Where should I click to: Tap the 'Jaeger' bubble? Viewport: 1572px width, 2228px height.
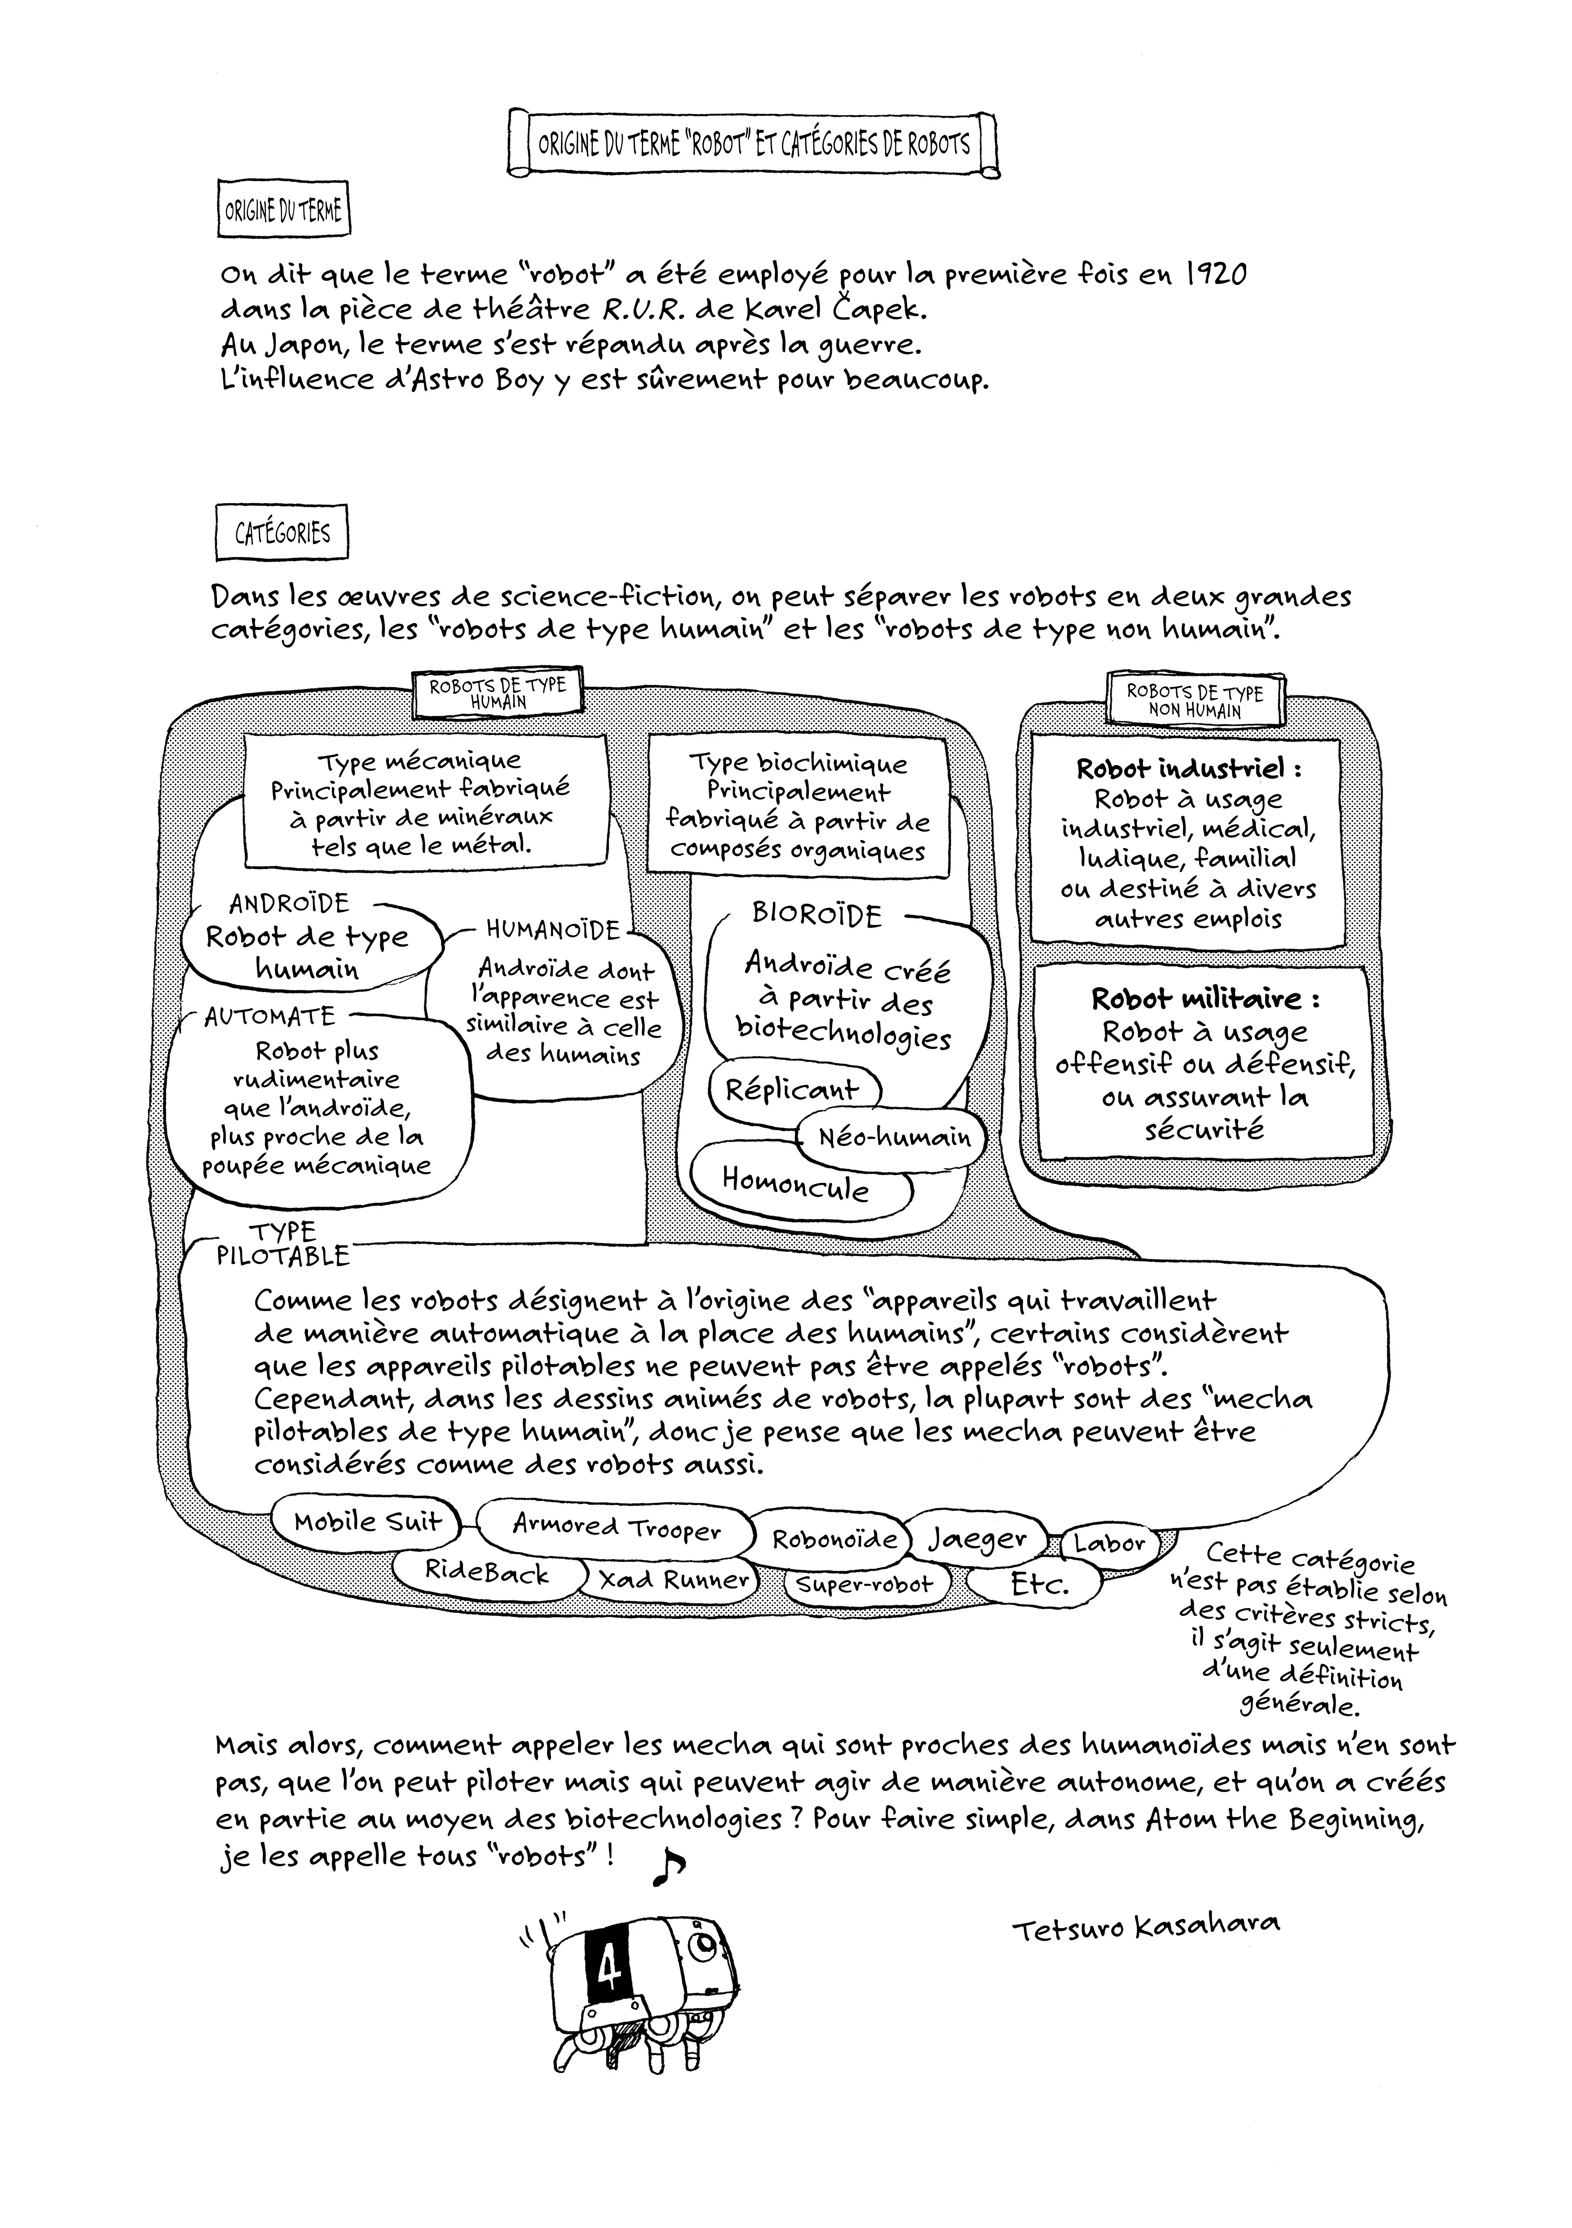pyautogui.click(x=977, y=1538)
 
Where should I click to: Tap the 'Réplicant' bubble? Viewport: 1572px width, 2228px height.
pyautogui.click(x=792, y=1089)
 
